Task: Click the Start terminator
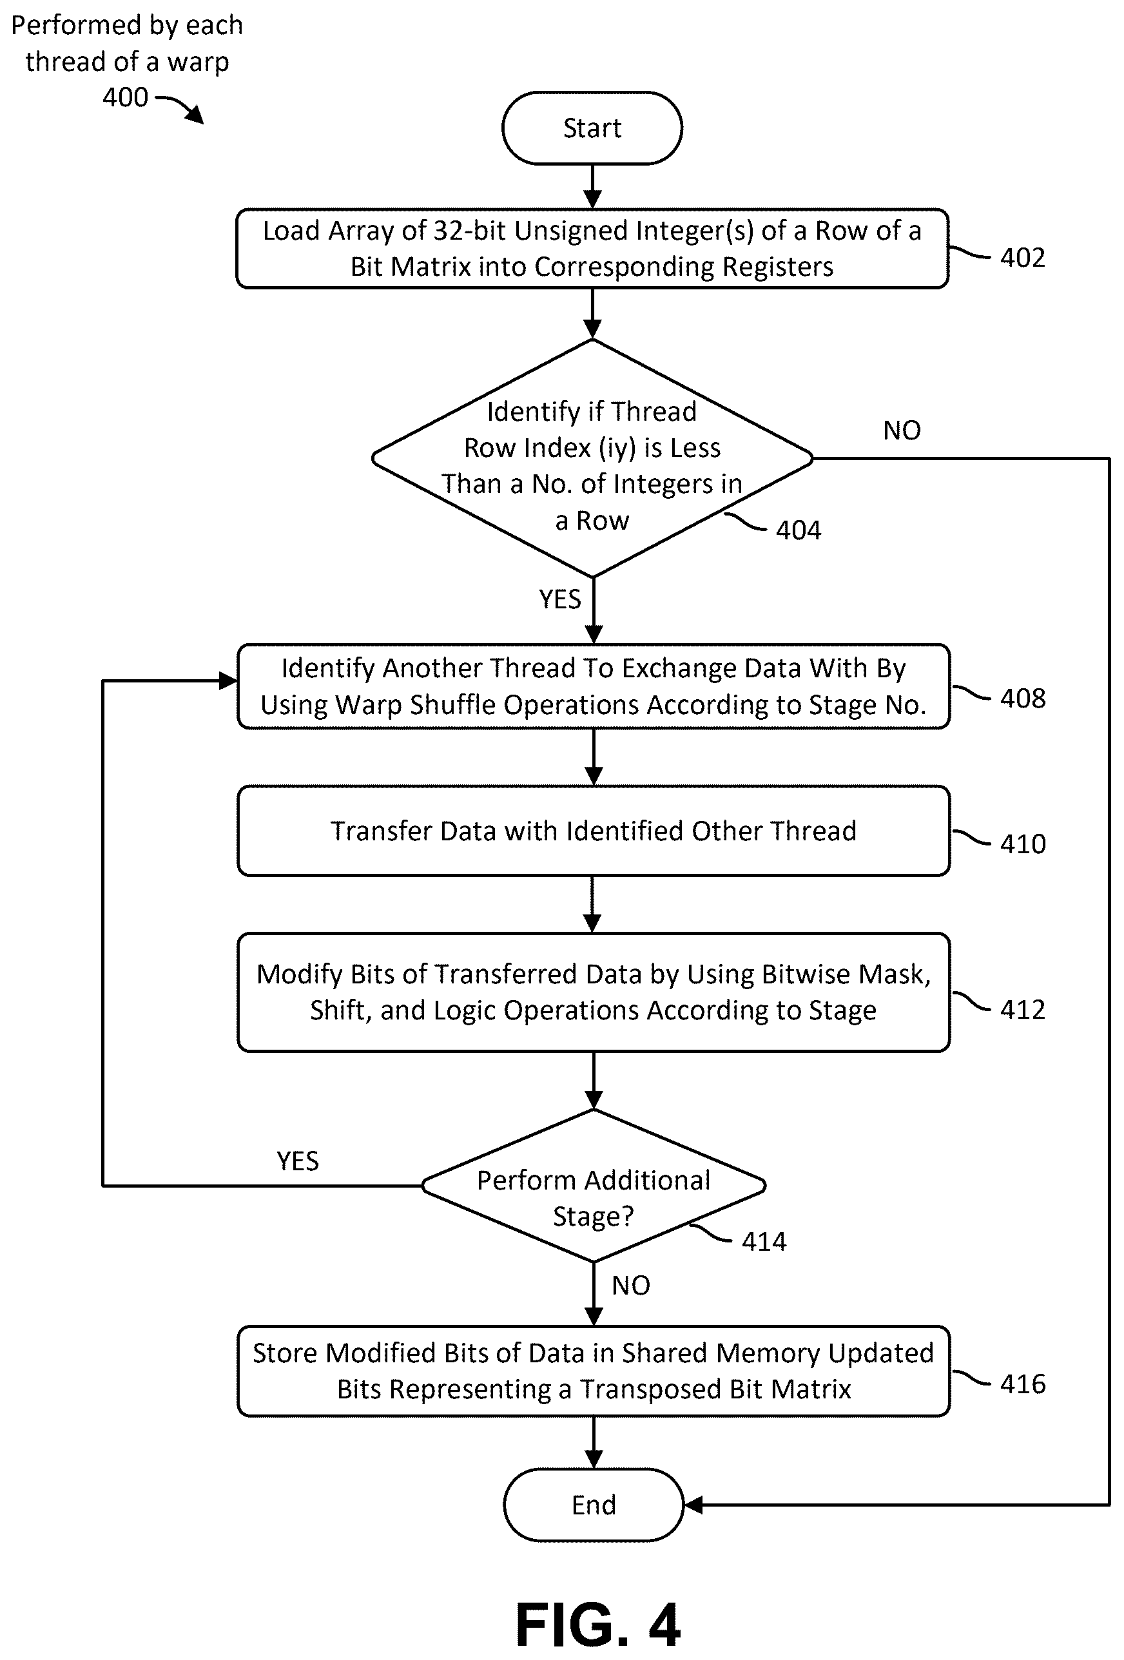coord(592,128)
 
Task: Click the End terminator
coord(593,1504)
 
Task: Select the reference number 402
coord(1023,257)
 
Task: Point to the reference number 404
coord(798,529)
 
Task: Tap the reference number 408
coord(1023,698)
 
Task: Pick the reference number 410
coord(1023,844)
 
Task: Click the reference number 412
coord(1023,1009)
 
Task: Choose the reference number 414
coord(764,1241)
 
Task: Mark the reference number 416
coord(1023,1384)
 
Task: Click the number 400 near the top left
coord(125,97)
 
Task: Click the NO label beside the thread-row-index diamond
coord(902,430)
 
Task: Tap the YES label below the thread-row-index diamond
coord(559,599)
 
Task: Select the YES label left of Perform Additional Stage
coord(298,1161)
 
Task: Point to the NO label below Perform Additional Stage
coord(631,1285)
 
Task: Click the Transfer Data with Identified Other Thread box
coord(593,831)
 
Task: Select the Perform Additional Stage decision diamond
coord(593,1185)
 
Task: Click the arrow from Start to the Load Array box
coord(592,187)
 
